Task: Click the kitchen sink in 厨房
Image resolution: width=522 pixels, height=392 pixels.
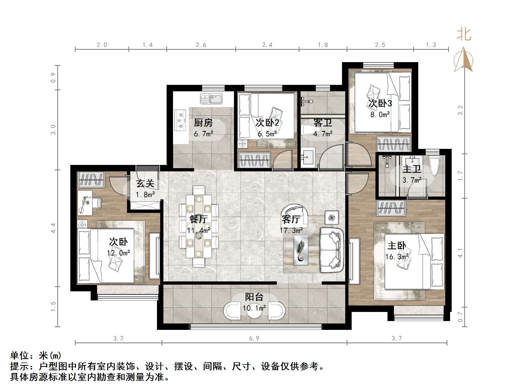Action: click(211, 99)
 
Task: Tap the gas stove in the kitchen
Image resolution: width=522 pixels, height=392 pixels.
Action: click(180, 120)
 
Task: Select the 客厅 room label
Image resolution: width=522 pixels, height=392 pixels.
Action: click(291, 219)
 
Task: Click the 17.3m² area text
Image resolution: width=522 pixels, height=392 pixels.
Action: click(291, 230)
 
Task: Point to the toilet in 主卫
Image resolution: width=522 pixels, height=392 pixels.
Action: click(434, 166)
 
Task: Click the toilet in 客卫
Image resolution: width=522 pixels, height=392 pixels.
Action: click(308, 131)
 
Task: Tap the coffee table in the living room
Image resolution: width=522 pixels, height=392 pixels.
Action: click(301, 250)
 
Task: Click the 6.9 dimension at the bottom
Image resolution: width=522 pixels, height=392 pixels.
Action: click(254, 338)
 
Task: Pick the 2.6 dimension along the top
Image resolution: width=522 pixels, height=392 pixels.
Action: click(201, 45)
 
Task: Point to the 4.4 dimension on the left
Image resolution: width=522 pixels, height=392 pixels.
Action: click(53, 228)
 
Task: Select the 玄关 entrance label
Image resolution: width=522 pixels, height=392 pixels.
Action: click(145, 184)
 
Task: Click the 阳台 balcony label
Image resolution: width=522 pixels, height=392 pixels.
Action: click(254, 297)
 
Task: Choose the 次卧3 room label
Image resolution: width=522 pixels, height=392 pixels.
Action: click(380, 103)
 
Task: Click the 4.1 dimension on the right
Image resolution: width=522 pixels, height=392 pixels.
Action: click(460, 253)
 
